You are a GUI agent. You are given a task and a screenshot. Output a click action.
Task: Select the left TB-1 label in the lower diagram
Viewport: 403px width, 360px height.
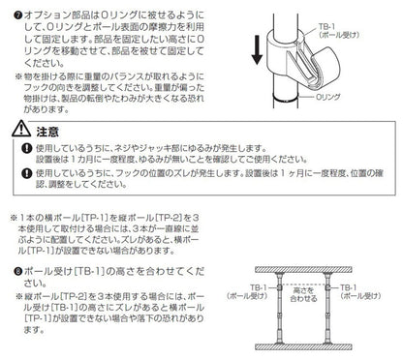(x=243, y=290)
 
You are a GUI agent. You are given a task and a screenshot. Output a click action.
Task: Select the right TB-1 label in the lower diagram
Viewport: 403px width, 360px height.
(x=372, y=290)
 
